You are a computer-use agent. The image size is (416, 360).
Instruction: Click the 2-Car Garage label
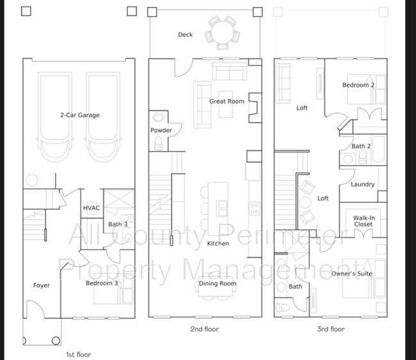(x=80, y=115)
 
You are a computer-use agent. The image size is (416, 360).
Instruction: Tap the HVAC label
(x=92, y=208)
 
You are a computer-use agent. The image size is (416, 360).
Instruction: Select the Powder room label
(x=161, y=130)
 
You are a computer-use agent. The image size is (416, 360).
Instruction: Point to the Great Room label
(x=227, y=101)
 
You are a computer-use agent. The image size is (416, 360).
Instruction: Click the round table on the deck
(x=222, y=33)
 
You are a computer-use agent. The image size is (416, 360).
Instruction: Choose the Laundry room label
(x=363, y=184)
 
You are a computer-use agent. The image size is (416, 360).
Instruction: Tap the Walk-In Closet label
(x=364, y=221)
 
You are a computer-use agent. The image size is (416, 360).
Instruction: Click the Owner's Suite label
(x=352, y=274)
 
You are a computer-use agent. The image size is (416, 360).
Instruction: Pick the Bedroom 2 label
(x=358, y=85)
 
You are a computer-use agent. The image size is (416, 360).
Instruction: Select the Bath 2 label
(x=361, y=146)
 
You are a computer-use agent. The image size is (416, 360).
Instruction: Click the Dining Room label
(x=218, y=283)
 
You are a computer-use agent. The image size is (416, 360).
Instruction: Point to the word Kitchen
(x=218, y=244)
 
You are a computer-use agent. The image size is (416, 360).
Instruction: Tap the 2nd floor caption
(x=205, y=329)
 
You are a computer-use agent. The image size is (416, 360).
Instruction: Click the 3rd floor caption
(x=331, y=329)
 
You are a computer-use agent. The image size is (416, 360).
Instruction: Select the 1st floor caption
(x=78, y=354)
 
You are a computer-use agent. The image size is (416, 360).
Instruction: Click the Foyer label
(x=42, y=285)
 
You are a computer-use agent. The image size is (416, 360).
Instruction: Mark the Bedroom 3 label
(x=102, y=283)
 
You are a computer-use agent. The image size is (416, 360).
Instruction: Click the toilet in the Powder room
(x=158, y=143)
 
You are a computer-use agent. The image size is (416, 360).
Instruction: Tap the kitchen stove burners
(x=254, y=208)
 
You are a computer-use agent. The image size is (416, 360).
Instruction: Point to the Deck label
(x=185, y=35)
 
